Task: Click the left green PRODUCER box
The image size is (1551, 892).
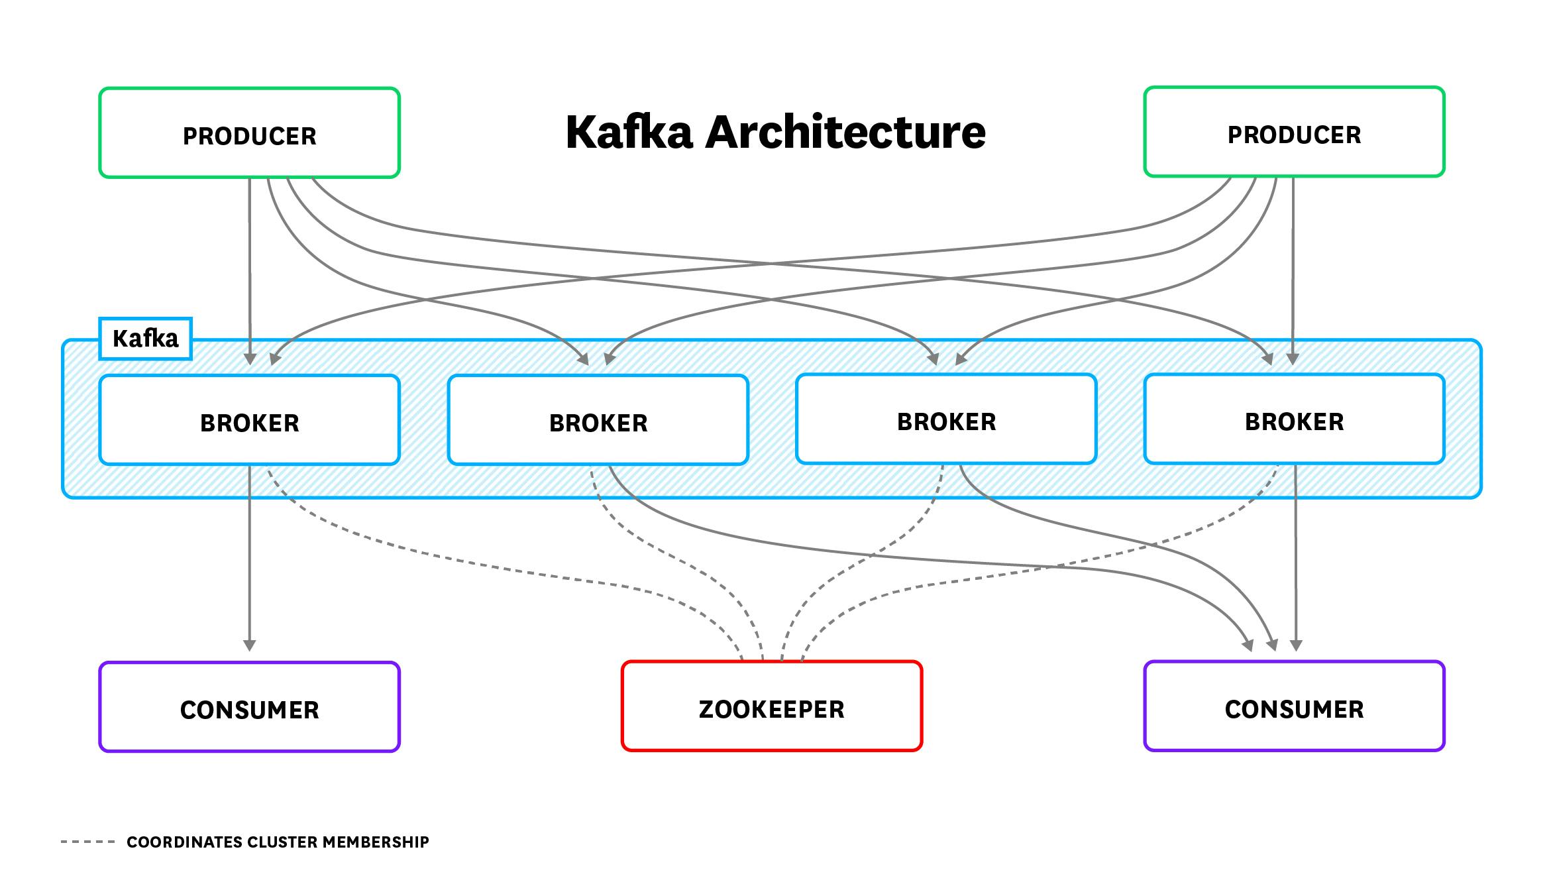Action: [249, 133]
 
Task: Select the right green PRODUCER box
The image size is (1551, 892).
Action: [1293, 132]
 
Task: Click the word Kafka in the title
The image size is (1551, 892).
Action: [629, 132]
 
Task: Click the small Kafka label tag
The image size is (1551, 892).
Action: [145, 339]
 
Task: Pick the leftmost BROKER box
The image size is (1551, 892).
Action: [249, 420]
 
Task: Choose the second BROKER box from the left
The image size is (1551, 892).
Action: [598, 420]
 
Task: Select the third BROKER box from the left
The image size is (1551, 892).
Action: [946, 419]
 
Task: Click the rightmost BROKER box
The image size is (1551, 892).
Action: [1293, 419]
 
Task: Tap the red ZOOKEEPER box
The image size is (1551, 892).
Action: [771, 706]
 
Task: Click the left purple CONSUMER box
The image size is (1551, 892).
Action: [249, 707]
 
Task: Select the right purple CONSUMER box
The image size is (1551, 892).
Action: [1293, 706]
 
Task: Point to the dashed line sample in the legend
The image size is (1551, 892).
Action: [87, 842]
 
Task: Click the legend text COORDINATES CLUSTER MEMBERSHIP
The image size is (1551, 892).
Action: [278, 842]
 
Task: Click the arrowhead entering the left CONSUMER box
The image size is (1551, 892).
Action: [249, 645]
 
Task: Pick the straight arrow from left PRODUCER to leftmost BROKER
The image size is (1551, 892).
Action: [250, 265]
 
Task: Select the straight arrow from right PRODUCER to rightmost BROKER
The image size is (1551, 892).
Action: [1293, 265]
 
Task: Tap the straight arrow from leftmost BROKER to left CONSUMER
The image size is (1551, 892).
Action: [249, 557]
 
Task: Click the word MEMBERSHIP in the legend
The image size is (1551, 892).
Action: [376, 842]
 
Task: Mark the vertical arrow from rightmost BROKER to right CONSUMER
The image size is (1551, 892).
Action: [1296, 563]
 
